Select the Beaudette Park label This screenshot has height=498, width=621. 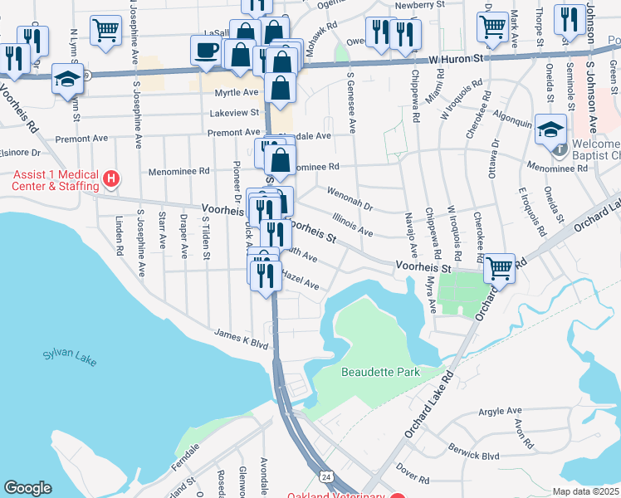(x=380, y=372)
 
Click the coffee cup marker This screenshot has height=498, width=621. (x=205, y=51)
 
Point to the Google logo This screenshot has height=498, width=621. (x=27, y=488)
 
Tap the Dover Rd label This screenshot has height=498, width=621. (x=412, y=479)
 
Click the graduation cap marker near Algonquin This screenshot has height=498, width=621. (x=550, y=129)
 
